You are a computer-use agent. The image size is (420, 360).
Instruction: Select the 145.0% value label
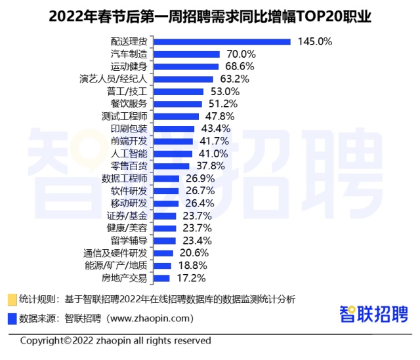point(315,41)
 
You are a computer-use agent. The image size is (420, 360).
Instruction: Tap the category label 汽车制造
point(129,54)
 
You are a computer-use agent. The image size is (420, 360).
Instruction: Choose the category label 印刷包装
point(129,129)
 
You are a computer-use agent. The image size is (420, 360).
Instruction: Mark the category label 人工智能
point(129,153)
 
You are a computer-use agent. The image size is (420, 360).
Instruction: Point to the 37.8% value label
point(208,166)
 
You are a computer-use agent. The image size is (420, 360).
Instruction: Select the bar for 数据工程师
point(167,178)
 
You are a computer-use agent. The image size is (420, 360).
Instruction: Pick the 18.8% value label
point(194,266)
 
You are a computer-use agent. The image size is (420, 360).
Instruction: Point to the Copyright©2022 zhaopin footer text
point(115,341)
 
